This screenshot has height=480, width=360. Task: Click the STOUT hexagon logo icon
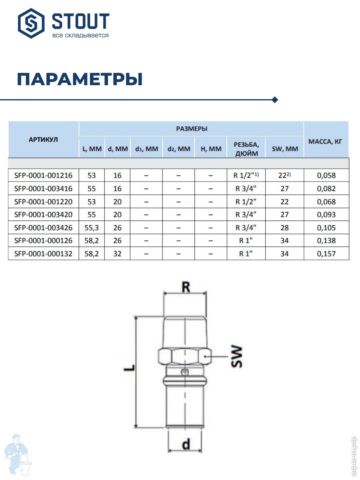[x=32, y=24]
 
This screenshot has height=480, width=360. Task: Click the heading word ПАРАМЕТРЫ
[x=80, y=79]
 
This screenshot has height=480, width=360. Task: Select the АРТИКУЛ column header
[x=43, y=140]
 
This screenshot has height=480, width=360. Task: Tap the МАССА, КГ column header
[x=326, y=141]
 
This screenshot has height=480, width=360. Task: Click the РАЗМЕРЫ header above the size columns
[x=192, y=129]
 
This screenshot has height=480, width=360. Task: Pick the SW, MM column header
[x=284, y=149]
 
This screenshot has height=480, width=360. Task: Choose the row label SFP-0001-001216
[x=43, y=175]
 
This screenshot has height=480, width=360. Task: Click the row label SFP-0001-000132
[x=43, y=254]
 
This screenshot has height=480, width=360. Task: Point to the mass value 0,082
[x=326, y=188]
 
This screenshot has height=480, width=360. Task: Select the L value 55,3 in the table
[x=92, y=228]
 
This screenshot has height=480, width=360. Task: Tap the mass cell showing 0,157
[x=326, y=254]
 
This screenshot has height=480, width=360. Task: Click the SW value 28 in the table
[x=284, y=228]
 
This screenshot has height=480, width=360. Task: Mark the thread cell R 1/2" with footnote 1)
[x=246, y=175]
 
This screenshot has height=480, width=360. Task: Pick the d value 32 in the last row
[x=117, y=254]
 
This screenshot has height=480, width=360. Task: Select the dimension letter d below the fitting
[x=186, y=444]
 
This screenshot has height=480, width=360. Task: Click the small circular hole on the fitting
[x=184, y=372]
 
